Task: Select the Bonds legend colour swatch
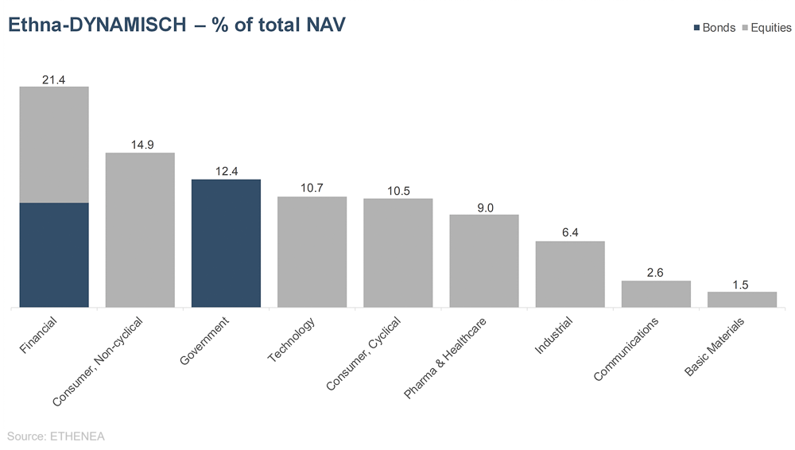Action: [x=697, y=28]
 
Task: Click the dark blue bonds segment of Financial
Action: [x=54, y=254]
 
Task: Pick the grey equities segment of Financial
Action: [x=54, y=144]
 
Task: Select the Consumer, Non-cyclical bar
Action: [x=140, y=229]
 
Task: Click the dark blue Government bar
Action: [x=226, y=242]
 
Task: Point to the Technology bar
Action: [x=312, y=251]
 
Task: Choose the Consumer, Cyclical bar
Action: [x=397, y=252]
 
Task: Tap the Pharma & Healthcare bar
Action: [x=484, y=260]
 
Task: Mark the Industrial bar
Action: [x=570, y=273]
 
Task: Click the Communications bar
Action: [x=656, y=293]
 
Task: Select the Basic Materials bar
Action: [x=742, y=299]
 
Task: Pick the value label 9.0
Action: [x=485, y=207]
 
